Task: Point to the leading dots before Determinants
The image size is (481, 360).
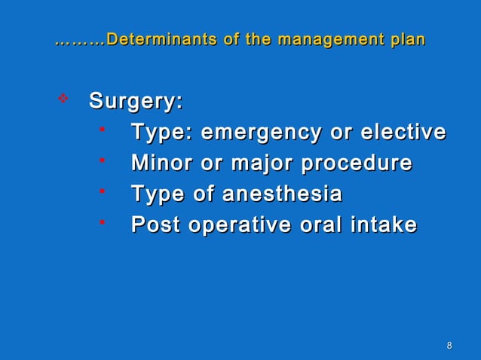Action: [x=81, y=41]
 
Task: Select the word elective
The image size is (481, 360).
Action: [x=403, y=133]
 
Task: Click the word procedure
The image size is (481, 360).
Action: [x=357, y=163]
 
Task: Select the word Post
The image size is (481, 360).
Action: [x=155, y=225]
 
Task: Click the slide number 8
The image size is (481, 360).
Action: [x=449, y=346]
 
